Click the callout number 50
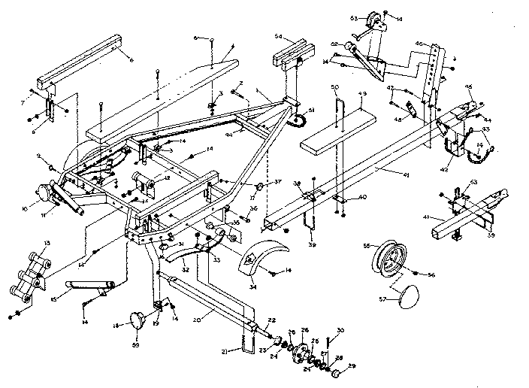(334, 88)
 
